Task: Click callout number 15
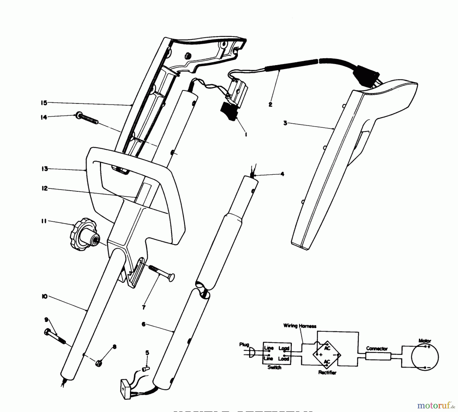(x=44, y=103)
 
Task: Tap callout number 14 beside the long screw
(x=44, y=117)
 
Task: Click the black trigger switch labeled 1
(x=230, y=111)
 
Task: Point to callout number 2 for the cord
(x=270, y=104)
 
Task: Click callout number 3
(x=285, y=123)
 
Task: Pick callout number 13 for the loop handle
(x=45, y=169)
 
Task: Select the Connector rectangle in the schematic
(x=378, y=356)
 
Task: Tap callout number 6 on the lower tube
(x=144, y=324)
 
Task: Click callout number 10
(x=45, y=297)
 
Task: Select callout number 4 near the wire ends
(x=282, y=174)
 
